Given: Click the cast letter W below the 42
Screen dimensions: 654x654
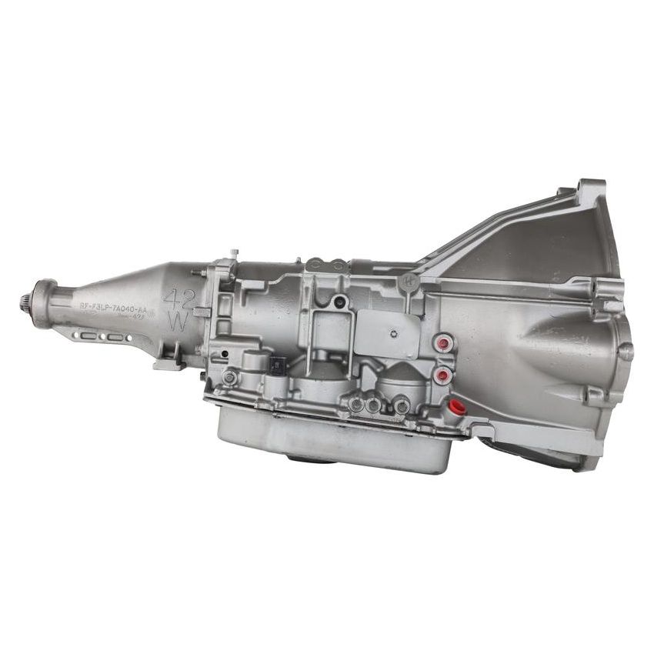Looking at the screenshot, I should pos(177,322).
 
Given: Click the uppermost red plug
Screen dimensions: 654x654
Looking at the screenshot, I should pos(442,344).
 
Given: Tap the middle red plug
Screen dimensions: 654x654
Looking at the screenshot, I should pos(442,375).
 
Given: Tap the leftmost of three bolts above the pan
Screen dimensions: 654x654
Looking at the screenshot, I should pos(356,402).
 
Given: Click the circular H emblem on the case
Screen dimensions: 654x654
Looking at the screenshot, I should pos(411,282).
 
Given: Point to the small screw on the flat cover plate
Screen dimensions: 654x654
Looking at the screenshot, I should pos(392,333).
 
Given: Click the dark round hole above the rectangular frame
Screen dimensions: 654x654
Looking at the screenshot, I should pos(339,302).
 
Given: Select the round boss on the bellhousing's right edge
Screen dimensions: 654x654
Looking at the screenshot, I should pos(626,351).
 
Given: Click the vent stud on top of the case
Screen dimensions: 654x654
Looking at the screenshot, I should pos(234,252).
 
